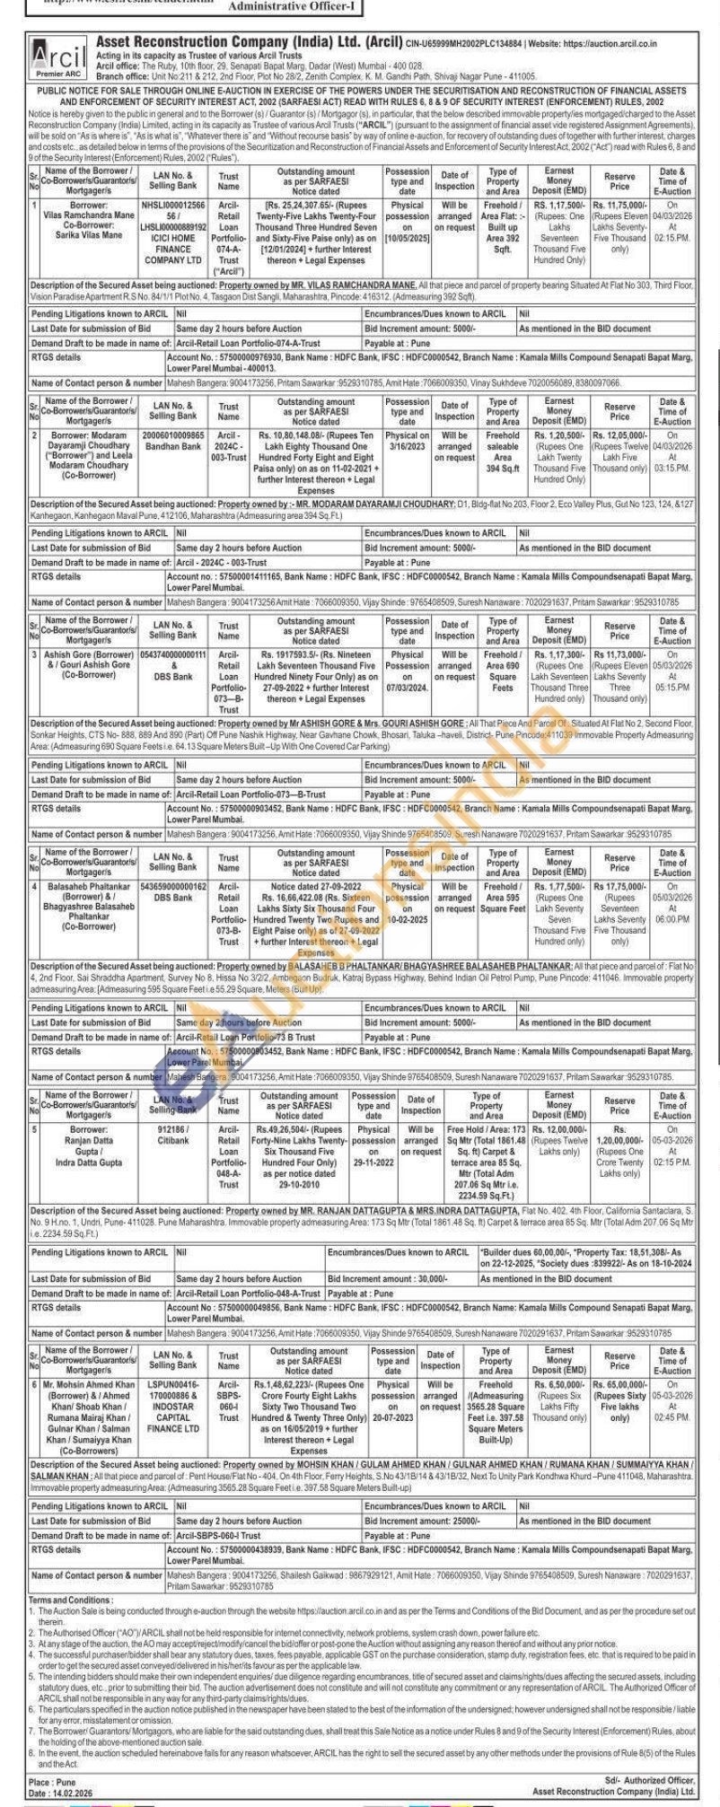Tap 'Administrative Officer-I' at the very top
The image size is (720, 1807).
click(x=279, y=6)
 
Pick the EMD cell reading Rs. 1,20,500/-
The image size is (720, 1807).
click(x=558, y=457)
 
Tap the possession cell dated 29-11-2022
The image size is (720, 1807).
click(x=373, y=1146)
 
